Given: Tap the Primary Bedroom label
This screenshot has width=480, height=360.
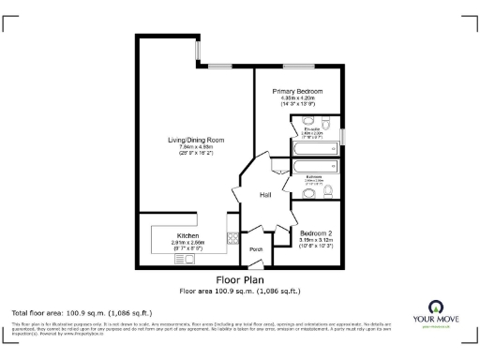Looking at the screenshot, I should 298,92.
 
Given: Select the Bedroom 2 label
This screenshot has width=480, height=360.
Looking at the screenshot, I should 316,232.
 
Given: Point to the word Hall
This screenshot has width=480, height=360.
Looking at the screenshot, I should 265,195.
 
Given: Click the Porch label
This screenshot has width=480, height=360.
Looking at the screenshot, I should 255,249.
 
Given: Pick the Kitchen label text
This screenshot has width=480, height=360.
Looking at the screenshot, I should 187,235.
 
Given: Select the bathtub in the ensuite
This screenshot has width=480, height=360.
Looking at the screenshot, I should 316,147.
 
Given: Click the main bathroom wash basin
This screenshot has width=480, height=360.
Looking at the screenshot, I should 310,194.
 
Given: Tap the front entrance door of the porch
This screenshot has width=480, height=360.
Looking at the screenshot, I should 256,265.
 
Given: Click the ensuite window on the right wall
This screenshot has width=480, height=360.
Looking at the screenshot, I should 343,136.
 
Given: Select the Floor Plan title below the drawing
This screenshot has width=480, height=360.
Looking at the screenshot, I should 239,279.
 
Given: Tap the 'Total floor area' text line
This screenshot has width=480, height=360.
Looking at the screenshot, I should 81,312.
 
